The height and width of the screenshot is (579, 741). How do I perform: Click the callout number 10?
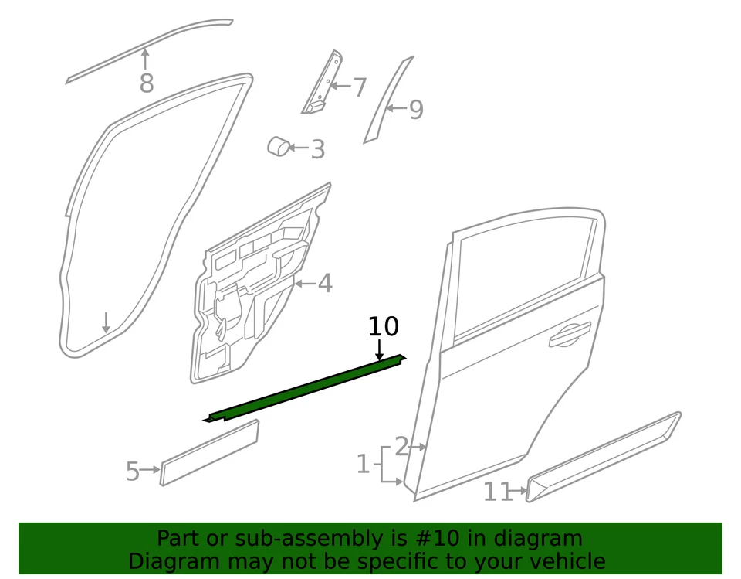383,327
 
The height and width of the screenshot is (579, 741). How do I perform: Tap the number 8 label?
147,83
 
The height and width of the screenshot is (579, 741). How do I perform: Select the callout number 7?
359,87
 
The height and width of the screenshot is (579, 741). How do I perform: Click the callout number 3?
317,149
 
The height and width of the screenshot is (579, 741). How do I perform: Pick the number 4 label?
325,284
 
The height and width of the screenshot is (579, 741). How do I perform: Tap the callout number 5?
133,471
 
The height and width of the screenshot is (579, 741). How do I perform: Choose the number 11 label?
498,492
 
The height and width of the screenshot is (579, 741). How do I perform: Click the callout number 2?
401,446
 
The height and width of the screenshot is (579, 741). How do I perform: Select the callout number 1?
363,465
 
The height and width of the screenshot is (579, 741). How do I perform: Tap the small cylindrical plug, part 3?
278,145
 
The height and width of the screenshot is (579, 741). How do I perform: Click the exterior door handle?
567,335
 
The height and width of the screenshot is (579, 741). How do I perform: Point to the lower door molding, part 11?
602,457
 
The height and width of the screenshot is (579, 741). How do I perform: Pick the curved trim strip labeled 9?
387,100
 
